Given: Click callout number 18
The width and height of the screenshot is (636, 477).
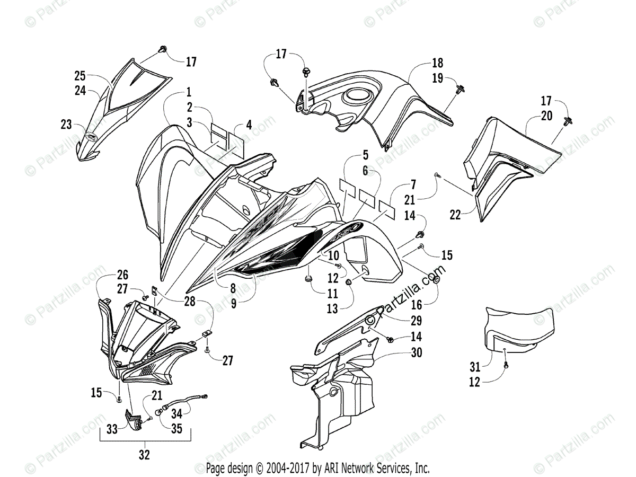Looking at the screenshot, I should [x=437, y=63].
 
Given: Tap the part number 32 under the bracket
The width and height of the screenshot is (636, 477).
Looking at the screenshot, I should [x=144, y=454].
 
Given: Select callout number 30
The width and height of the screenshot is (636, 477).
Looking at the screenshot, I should [x=417, y=352].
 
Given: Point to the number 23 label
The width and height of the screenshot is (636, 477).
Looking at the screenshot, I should [x=66, y=125].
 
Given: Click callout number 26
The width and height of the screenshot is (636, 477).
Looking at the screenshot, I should [x=123, y=275].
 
